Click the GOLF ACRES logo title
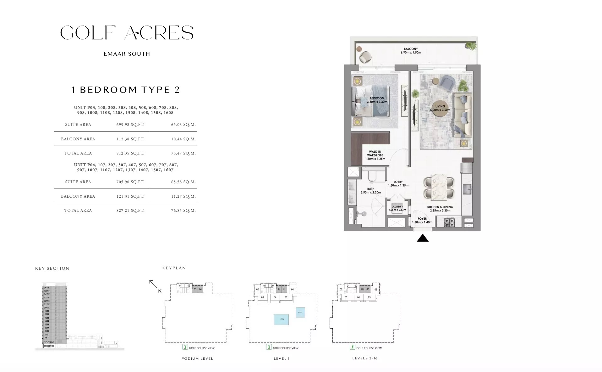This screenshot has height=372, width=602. [127, 33]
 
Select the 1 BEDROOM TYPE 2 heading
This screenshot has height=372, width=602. [125, 90]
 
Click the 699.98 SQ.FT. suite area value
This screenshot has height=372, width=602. [130, 125]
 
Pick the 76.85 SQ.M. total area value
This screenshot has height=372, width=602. [183, 211]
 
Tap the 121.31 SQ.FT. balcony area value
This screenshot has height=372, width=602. [130, 196]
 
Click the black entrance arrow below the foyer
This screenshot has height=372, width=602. [423, 238]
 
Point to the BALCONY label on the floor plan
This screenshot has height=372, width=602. [411, 49]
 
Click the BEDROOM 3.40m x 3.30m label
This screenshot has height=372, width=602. [377, 100]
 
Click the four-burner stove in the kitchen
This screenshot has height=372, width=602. [449, 223]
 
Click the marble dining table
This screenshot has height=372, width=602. [439, 187]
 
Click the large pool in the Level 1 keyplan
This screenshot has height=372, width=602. [281, 319]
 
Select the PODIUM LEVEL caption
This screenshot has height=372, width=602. [197, 358]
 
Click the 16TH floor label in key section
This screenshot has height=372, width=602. [47, 288]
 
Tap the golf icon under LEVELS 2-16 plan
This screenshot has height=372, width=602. [352, 347]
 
